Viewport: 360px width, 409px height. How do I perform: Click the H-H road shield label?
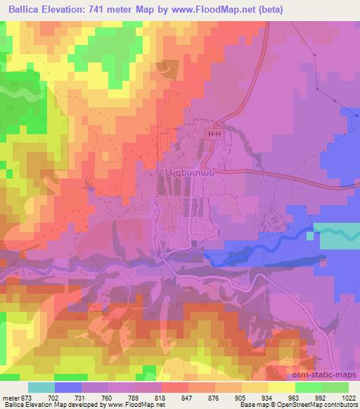coord(214,133)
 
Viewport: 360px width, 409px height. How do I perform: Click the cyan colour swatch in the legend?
coord(41,387)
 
